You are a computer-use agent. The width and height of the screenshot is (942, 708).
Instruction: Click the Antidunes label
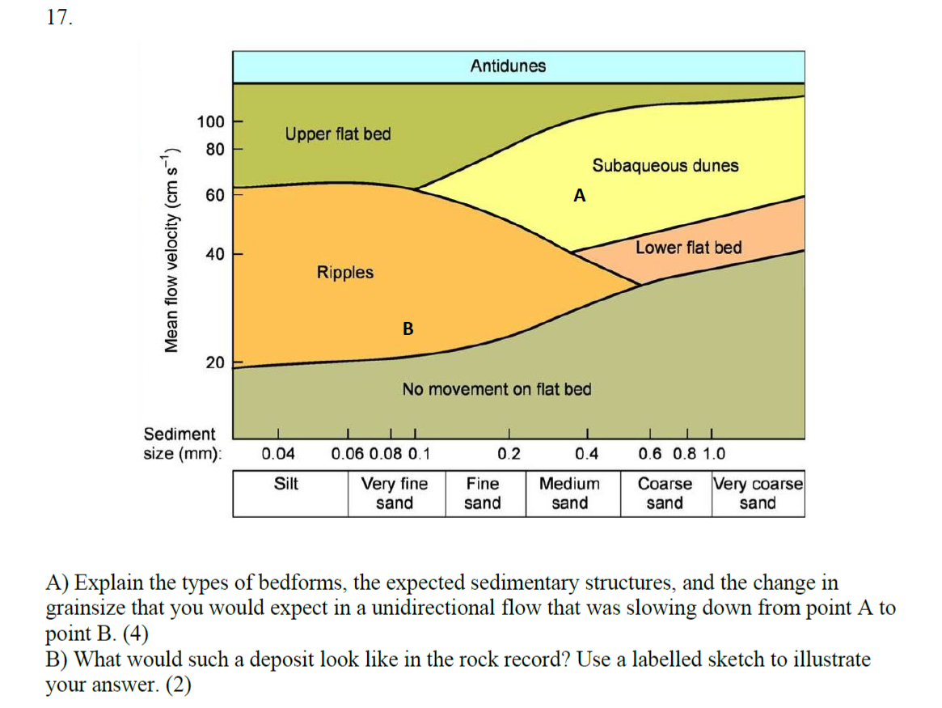[x=508, y=66]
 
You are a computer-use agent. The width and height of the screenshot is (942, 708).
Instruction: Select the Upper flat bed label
[x=337, y=134]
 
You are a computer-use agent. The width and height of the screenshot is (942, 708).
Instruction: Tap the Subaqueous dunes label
[x=665, y=166]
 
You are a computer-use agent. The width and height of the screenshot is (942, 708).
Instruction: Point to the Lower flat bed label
[x=688, y=248]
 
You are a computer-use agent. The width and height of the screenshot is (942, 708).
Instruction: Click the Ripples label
[x=344, y=272]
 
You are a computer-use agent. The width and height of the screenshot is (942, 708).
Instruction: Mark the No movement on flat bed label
[x=496, y=389]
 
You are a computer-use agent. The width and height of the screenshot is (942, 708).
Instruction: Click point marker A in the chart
[x=578, y=195]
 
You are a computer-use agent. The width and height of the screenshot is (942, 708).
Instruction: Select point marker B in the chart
[x=408, y=329]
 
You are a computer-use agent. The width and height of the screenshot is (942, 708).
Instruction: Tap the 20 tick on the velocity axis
[x=215, y=362]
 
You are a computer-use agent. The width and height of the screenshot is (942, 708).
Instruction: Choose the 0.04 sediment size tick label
[x=279, y=454]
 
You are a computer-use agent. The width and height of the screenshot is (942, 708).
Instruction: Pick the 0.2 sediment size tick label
[x=509, y=454]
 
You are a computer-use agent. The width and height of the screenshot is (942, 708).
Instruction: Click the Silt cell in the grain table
[x=285, y=484]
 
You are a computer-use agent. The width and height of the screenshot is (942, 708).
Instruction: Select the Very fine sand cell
[x=395, y=494]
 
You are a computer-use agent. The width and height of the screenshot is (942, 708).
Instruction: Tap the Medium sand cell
[x=569, y=494]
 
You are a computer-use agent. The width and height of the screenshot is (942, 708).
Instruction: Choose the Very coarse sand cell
[x=758, y=494]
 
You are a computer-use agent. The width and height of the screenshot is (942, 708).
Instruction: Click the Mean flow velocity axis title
[x=171, y=250]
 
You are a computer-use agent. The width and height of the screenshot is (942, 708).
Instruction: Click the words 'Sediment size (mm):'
[x=180, y=444]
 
